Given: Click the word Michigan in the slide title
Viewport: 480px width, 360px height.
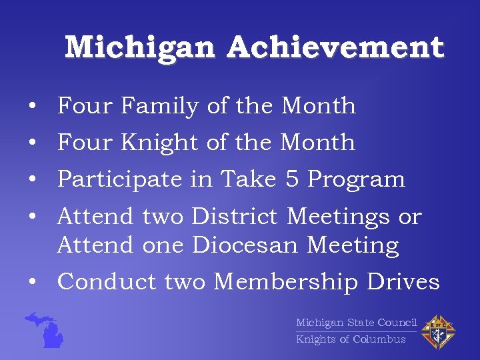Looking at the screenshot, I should [140, 48].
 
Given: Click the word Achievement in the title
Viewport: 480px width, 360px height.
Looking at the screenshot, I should [335, 48].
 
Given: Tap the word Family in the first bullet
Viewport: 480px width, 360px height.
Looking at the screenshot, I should [160, 106].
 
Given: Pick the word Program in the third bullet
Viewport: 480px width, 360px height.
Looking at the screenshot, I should [356, 179].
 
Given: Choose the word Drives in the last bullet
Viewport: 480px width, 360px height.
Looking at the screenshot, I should [403, 282].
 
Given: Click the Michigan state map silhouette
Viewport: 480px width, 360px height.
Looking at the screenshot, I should [47, 329].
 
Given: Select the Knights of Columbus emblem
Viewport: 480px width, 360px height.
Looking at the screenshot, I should [439, 331].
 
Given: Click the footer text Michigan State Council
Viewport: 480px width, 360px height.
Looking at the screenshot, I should [356, 323].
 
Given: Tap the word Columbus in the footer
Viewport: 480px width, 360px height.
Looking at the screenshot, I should [379, 339].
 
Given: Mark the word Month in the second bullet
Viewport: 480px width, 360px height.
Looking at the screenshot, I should [318, 142].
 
